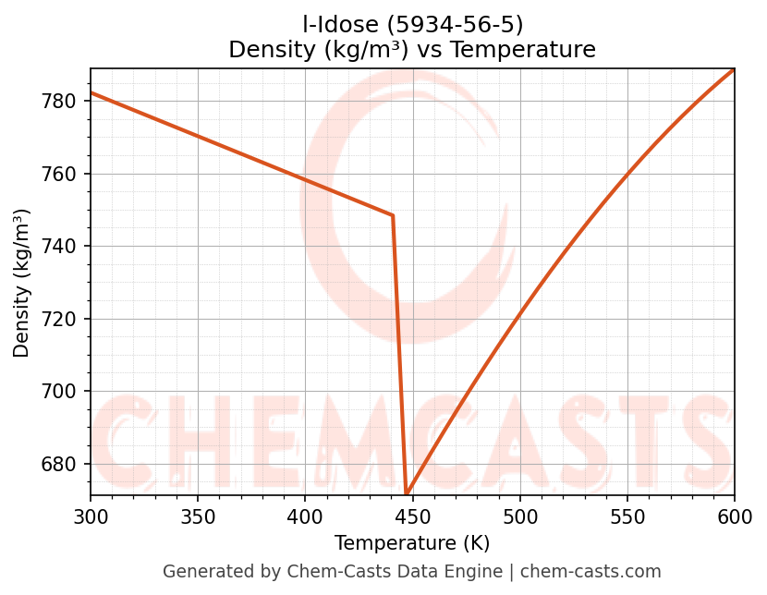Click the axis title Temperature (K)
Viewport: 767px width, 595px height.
tap(412, 543)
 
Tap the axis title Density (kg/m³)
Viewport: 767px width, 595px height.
tap(21, 283)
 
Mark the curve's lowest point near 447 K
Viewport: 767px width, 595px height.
tap(407, 492)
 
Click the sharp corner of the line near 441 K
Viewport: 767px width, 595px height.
tap(393, 215)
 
